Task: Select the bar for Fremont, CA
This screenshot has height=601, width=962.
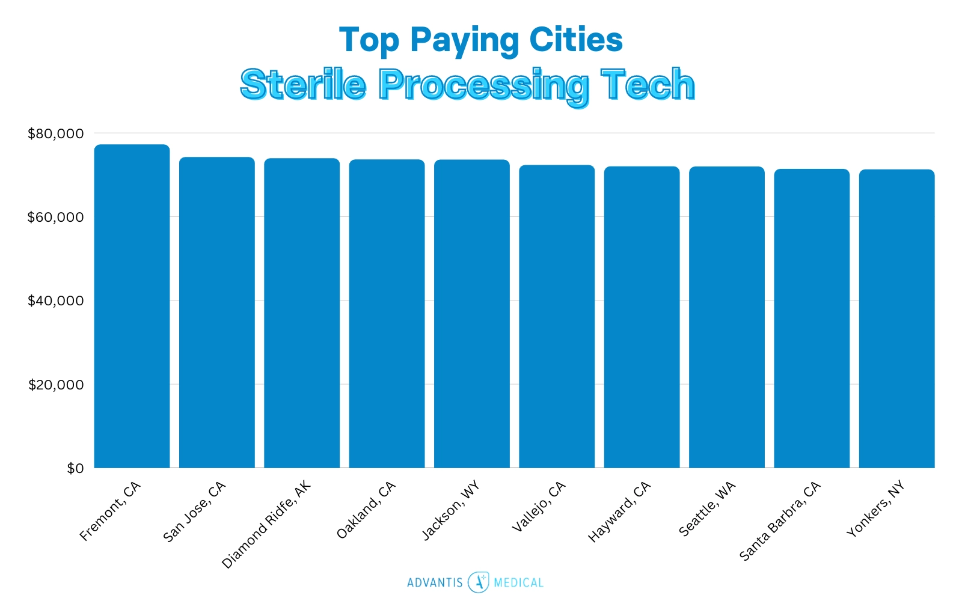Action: pyautogui.click(x=132, y=307)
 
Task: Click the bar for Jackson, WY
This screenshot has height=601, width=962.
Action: pyautogui.click(x=471, y=314)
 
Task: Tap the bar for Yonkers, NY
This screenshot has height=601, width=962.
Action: pyautogui.click(x=896, y=319)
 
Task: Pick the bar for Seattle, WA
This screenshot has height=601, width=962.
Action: pyautogui.click(x=726, y=317)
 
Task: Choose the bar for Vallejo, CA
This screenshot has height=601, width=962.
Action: pyautogui.click(x=557, y=316)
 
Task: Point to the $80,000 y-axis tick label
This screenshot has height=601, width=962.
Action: pyautogui.click(x=55, y=133)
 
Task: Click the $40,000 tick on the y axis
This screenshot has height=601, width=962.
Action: pyautogui.click(x=55, y=300)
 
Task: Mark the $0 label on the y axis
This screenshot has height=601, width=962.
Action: pyautogui.click(x=75, y=468)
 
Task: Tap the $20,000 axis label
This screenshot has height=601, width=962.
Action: pyautogui.click(x=55, y=385)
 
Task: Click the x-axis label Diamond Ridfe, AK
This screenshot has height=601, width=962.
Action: pyautogui.click(x=266, y=525)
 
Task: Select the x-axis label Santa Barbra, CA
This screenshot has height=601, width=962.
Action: pyautogui.click(x=779, y=521)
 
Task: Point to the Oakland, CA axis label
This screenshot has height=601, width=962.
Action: pyautogui.click(x=366, y=510)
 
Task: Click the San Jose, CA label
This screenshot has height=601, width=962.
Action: pyautogui.click(x=194, y=511)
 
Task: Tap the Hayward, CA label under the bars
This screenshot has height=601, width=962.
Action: pyautogui.click(x=619, y=511)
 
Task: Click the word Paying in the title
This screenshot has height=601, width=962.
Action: pyautogui.click(x=464, y=41)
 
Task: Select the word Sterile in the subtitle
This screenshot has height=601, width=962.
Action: pyautogui.click(x=303, y=84)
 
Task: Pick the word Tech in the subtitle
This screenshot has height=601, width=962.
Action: pyautogui.click(x=648, y=84)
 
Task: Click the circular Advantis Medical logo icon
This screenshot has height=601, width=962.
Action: pyautogui.click(x=479, y=582)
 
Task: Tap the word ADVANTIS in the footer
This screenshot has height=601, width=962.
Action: pyautogui.click(x=435, y=582)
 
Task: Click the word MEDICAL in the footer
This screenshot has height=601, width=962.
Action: pyautogui.click(x=518, y=582)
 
